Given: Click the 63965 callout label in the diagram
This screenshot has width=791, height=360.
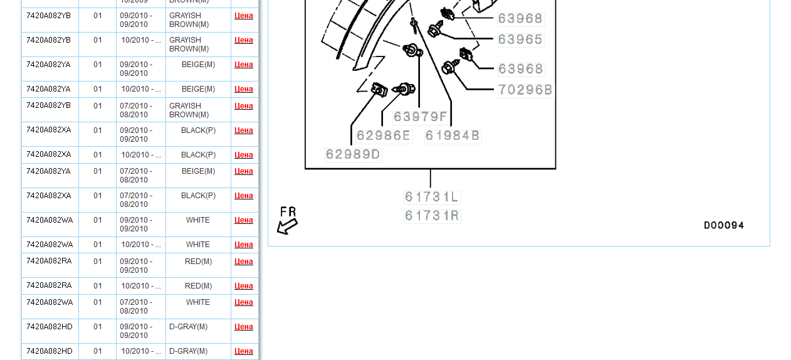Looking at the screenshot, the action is pos(520,40).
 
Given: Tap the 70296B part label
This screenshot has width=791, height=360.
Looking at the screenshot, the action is pos(525,90).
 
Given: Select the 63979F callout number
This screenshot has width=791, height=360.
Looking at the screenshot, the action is pos(420,117).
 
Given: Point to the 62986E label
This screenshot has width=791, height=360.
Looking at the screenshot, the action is pos(384,135).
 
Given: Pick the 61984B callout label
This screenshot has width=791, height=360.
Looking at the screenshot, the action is pos(453,135).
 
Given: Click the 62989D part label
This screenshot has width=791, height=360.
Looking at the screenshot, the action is pos(353,154).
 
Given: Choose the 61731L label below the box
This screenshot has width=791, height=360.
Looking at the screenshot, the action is pos(431,197).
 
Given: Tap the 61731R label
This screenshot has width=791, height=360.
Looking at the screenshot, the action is pos(431,216).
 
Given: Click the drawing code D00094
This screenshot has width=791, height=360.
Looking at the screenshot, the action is pos(724,225).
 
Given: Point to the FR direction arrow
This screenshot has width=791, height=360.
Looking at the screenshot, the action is pos(288,226).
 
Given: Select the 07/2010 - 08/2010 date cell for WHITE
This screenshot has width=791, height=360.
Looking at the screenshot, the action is pos(136,307).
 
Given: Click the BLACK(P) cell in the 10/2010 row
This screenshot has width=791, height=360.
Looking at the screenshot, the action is pos(198,155).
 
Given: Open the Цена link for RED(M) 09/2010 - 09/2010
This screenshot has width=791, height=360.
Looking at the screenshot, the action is pos(244,262).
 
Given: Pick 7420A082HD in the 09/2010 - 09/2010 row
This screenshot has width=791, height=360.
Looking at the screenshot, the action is pos(50,327).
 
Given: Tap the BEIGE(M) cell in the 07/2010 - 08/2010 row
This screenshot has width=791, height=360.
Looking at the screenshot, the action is pos(198,171).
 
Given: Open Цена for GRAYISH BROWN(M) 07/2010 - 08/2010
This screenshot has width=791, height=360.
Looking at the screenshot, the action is pos(244,106).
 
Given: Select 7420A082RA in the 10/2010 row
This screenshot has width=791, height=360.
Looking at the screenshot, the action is pos(49,285).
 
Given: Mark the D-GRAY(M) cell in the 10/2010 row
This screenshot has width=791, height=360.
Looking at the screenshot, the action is pos(188,351).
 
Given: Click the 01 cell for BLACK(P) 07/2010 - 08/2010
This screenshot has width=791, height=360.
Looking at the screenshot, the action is pos(97,196).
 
